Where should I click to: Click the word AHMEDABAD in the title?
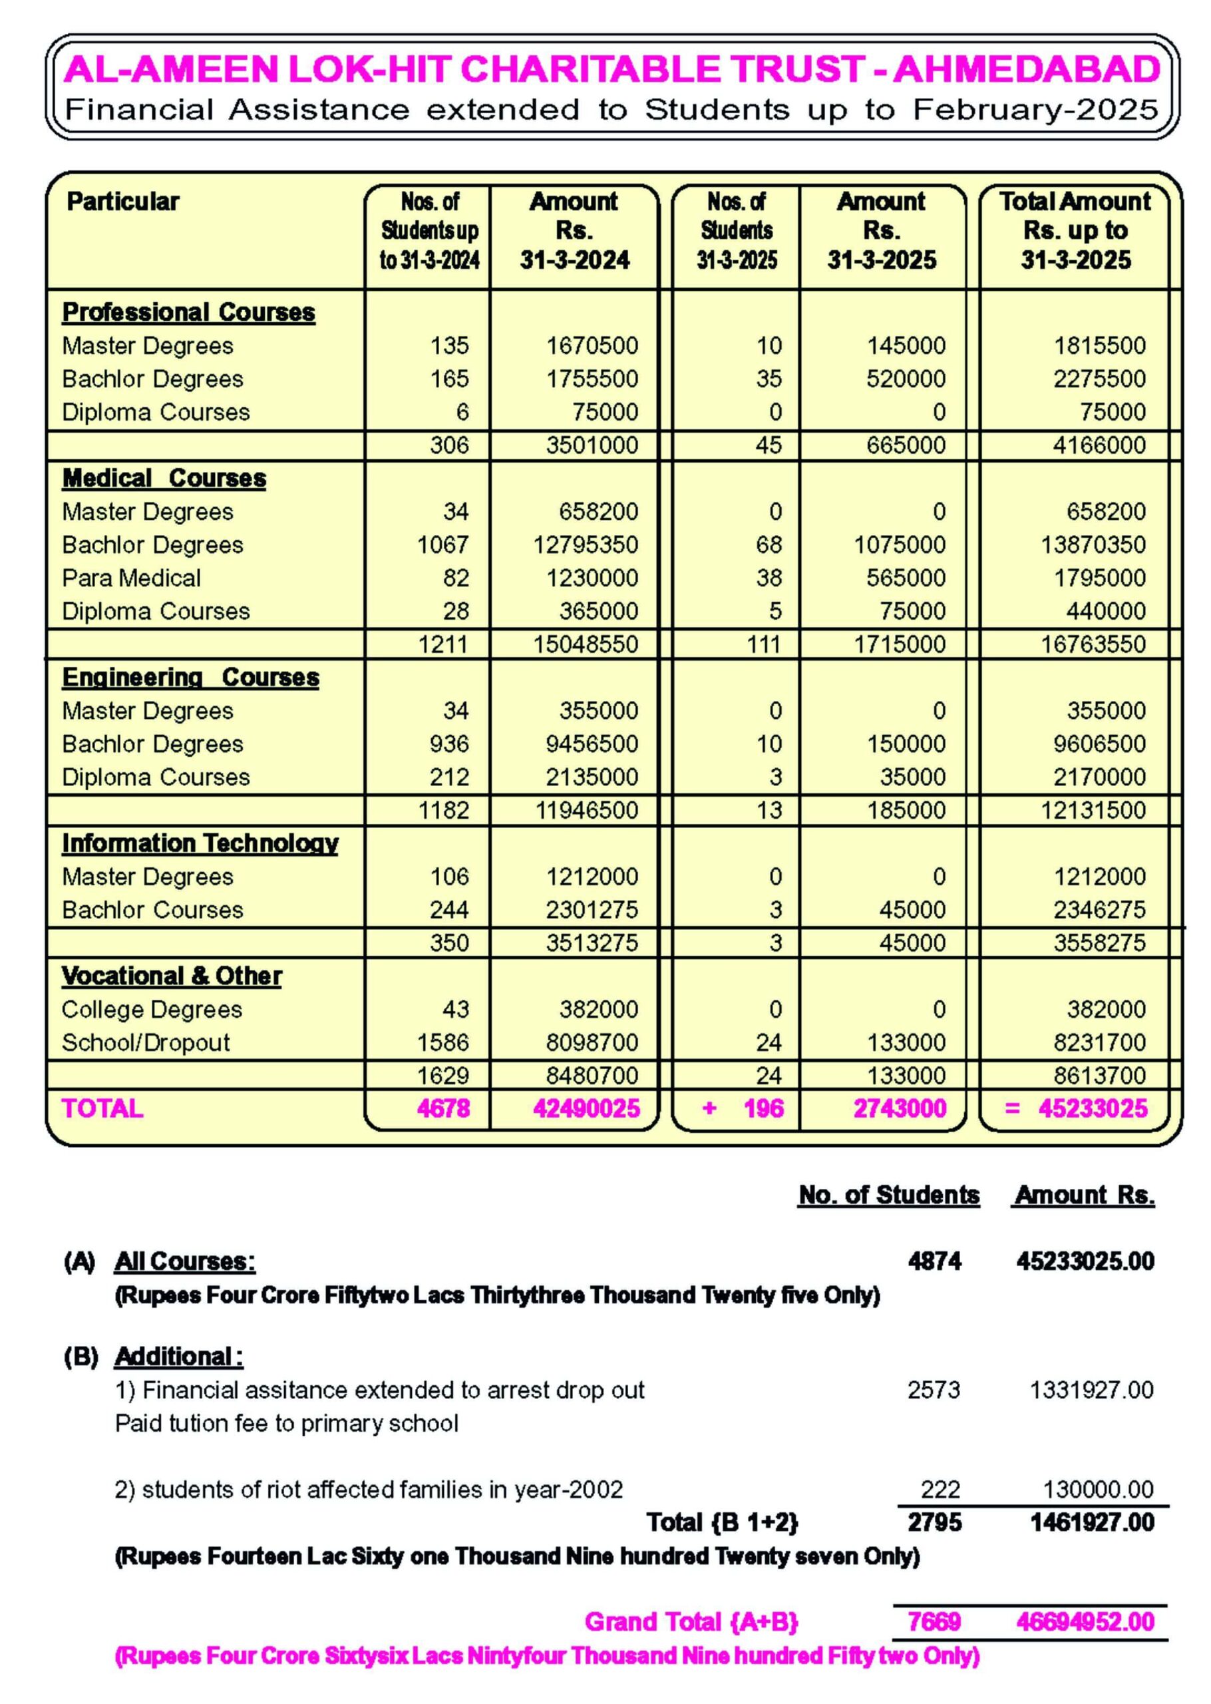(1027, 69)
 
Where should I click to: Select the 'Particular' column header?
(123, 201)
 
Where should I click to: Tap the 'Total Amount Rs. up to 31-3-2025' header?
(1075, 230)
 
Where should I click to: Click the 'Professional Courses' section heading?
(189, 312)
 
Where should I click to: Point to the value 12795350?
(586, 545)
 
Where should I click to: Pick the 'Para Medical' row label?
(131, 578)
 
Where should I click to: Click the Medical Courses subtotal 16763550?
(1093, 644)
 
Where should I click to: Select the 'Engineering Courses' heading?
(190, 677)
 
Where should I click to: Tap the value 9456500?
(592, 744)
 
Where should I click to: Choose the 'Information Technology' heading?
(200, 843)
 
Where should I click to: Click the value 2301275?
(592, 910)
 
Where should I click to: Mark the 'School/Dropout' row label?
(146, 1042)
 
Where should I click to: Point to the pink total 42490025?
(586, 1109)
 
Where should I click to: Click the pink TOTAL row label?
(102, 1109)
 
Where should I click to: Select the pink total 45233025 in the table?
(1093, 1109)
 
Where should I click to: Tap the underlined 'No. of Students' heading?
(888, 1195)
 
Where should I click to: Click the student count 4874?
(934, 1262)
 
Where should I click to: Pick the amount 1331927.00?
(1092, 1390)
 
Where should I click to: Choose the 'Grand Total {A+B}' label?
(691, 1622)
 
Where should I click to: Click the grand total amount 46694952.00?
(1085, 1622)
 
